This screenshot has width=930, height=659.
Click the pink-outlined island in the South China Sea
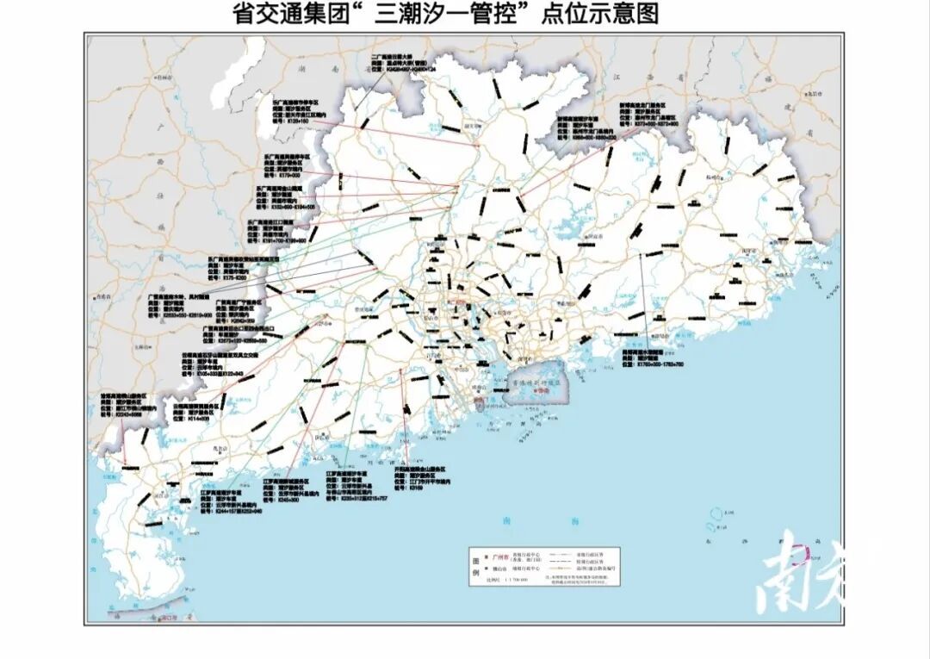[801, 553]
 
